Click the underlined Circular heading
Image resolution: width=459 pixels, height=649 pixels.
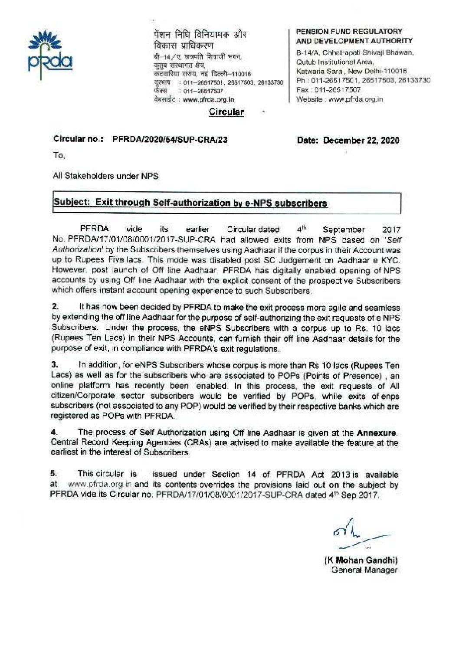click(x=226, y=112)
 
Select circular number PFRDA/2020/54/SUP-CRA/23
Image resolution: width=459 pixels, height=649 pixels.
click(x=170, y=140)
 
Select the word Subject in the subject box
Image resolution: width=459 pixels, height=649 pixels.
click(x=71, y=203)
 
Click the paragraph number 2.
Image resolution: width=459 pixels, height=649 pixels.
click(x=55, y=308)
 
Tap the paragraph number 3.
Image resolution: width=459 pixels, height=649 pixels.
click(x=55, y=365)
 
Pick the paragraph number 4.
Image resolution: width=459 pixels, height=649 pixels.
click(x=55, y=433)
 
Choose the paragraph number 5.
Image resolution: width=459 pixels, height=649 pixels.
click(x=55, y=474)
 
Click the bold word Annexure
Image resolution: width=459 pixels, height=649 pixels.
click(x=376, y=433)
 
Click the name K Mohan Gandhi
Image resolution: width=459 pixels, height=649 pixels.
click(x=361, y=560)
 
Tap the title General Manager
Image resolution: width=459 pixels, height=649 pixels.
click(x=364, y=570)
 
